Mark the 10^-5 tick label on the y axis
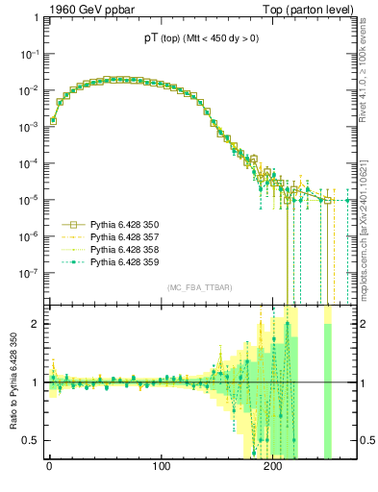pyautogui.click(x=30, y=200)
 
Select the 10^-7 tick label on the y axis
pyautogui.click(x=30, y=273)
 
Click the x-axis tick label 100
pyautogui.click(x=162, y=469)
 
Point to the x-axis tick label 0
pyautogui.click(x=49, y=469)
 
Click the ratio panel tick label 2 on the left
pyautogui.click(x=37, y=324)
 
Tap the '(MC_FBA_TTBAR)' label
pyautogui.click(x=196, y=287)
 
